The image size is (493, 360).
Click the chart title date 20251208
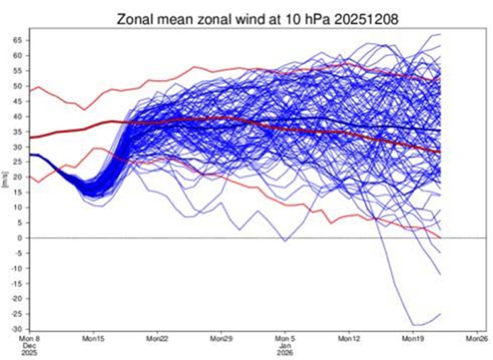pyautogui.click(x=365, y=19)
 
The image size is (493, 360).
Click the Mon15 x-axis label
pyautogui.click(x=93, y=339)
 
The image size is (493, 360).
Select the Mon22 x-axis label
pyautogui.click(x=157, y=339)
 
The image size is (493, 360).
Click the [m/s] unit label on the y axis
pyautogui.click(x=5, y=179)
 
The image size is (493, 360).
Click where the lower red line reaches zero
pyautogui.click(x=440, y=238)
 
